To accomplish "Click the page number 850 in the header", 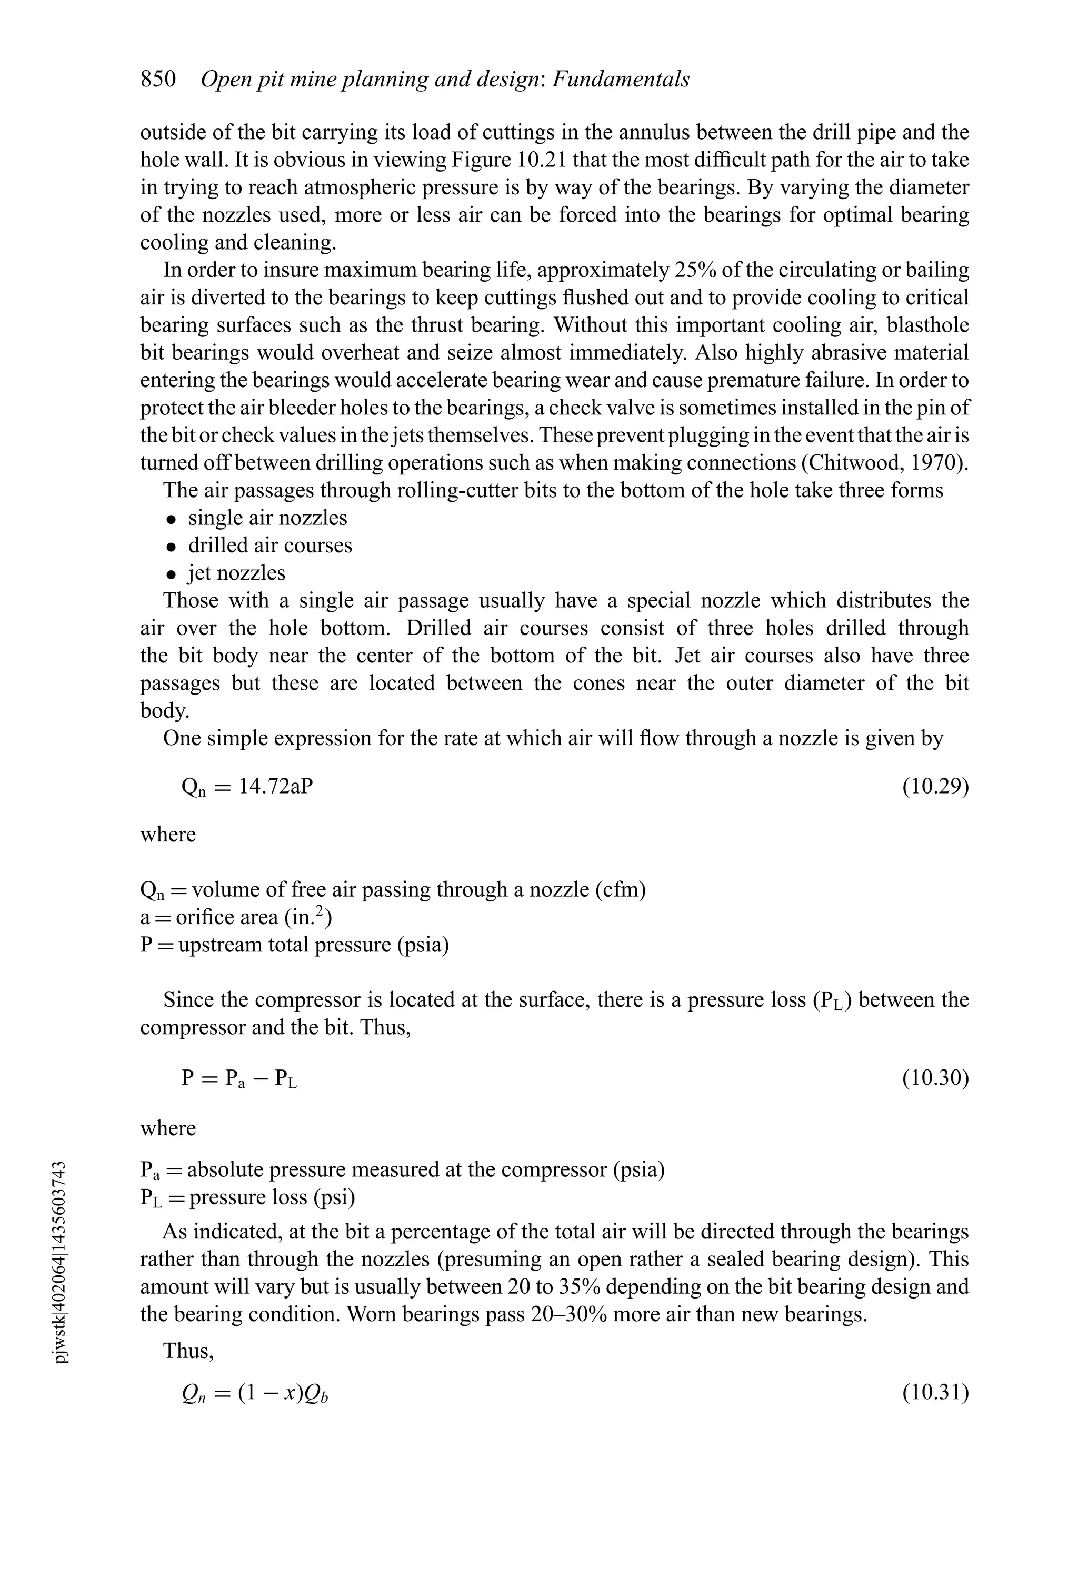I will tap(158, 80).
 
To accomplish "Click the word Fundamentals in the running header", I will tap(621, 80).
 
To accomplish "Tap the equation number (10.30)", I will tap(935, 1077).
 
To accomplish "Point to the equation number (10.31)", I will tap(935, 1393).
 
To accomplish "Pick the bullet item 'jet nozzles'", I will tap(237, 573).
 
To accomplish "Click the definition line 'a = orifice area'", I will tap(236, 917).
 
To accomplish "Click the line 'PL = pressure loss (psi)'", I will tap(247, 1197).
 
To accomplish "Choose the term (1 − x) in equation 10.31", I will tap(268, 1393).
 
